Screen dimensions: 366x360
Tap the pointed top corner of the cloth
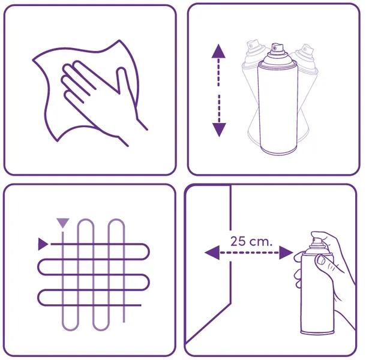coord(119,40)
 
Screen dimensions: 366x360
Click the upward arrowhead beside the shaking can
coord(218,51)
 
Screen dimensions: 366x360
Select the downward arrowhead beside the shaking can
coord(219,130)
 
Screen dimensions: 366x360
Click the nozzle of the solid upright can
coord(278,47)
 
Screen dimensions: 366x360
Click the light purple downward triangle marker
coord(63,223)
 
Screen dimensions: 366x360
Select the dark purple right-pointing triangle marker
coord(43,244)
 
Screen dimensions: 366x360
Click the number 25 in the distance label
coord(238,241)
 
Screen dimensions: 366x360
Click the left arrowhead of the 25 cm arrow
coord(212,253)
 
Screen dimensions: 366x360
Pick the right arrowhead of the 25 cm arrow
coord(286,253)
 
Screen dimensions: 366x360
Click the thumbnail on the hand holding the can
coord(321,260)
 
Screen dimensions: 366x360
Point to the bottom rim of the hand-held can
coord(317,332)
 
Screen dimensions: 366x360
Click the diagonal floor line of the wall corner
coord(208,323)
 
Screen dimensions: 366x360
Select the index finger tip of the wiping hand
coord(77,63)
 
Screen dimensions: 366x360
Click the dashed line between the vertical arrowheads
coord(219,91)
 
